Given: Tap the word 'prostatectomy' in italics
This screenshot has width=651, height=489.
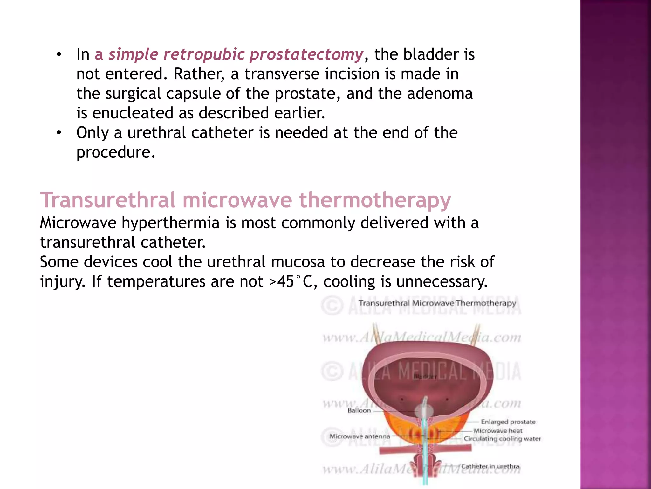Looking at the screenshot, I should click(306, 54).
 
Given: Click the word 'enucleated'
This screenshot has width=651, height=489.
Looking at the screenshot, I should click(132, 113).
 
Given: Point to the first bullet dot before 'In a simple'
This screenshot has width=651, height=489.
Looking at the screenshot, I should click(58, 55).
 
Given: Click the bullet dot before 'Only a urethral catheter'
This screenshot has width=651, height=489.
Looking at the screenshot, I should click(58, 133).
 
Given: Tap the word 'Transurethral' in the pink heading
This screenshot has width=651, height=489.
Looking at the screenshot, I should click(107, 200).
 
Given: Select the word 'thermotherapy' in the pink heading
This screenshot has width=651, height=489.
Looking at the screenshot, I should click(375, 200).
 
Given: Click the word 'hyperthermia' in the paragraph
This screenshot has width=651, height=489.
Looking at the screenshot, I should click(171, 223).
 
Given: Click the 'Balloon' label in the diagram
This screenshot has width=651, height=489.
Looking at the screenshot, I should click(359, 410).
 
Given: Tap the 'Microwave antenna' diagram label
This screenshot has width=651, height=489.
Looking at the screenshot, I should click(360, 436).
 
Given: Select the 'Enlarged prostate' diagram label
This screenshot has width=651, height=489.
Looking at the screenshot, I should click(508, 422).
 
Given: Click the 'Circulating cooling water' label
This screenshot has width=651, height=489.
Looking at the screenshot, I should click(502, 439).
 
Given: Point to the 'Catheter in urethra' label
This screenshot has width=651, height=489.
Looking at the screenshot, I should click(490, 466).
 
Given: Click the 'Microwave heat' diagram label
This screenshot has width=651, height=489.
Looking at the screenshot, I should click(498, 431).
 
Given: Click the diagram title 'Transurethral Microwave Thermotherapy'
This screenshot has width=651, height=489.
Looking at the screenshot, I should click(437, 303).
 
